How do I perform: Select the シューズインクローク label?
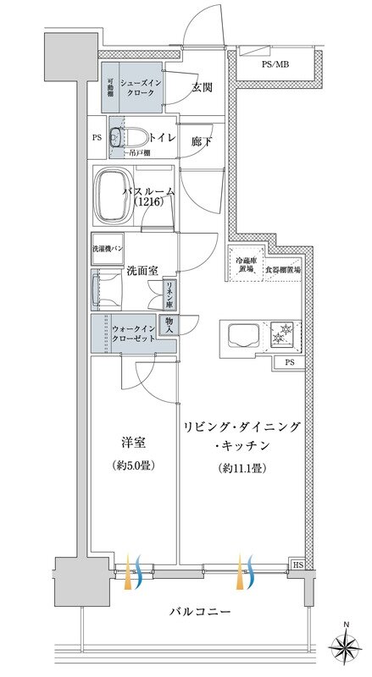136,87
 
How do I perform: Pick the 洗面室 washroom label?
142,271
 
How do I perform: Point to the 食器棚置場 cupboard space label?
282,269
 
